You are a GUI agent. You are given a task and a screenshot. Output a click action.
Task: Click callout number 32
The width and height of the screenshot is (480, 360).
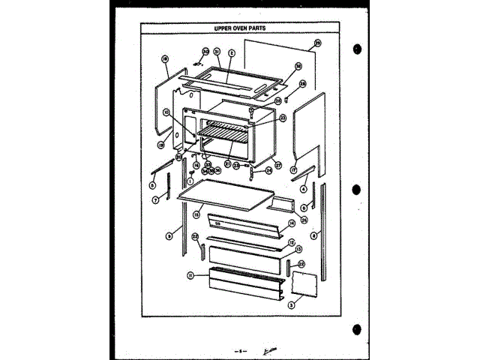(205, 51)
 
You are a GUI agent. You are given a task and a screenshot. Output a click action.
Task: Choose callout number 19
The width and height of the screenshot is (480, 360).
(160, 143)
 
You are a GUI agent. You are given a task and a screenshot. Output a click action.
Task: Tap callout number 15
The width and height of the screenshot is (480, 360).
(196, 214)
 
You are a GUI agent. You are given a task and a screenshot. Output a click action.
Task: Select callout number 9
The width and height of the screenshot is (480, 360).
(169, 235)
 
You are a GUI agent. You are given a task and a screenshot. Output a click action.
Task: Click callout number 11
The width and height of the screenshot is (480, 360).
(192, 276)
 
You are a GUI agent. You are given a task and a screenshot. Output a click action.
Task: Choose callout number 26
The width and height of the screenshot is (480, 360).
(304, 219)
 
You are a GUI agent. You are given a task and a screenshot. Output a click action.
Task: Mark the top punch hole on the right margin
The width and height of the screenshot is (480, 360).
(357, 49)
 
